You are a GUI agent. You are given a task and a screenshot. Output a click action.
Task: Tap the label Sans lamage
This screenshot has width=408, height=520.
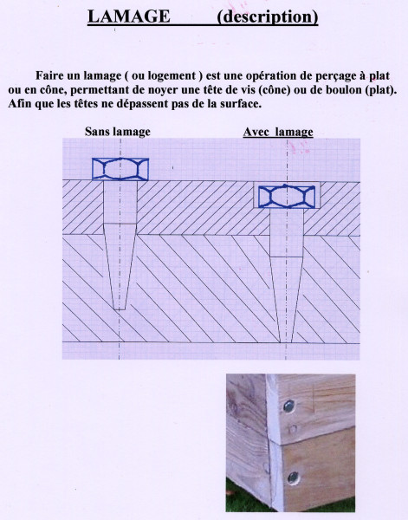click(x=117, y=132)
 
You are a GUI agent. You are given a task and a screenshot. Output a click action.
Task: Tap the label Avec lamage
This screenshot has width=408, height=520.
click(x=278, y=132)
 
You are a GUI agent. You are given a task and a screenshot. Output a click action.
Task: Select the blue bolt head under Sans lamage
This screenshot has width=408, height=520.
click(x=120, y=168)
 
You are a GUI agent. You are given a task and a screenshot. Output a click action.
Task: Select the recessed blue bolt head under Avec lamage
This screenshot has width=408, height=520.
click(x=287, y=196)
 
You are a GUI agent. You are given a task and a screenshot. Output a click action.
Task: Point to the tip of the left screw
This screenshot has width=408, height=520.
click(x=120, y=308)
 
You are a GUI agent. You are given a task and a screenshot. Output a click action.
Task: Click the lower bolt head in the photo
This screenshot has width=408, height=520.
click(x=295, y=476)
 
